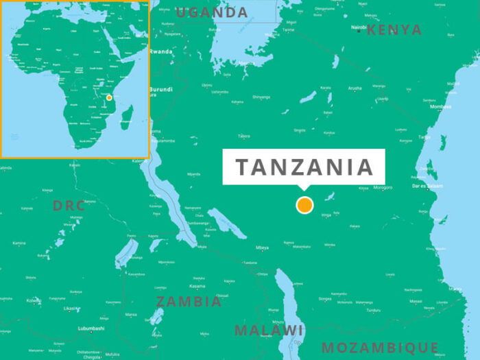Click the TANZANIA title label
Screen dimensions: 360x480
[304, 167]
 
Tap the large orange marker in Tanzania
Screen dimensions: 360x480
[304, 205]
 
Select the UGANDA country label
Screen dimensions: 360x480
[212, 12]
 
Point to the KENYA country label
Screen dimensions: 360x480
[394, 29]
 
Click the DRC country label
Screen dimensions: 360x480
[69, 205]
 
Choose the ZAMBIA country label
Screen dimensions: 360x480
[189, 301]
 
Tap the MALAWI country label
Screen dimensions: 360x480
[269, 331]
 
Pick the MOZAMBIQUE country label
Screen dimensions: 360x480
[380, 347]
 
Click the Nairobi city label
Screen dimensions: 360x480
[359, 27]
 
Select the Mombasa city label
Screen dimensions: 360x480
[440, 106]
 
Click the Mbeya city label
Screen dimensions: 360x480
[262, 248]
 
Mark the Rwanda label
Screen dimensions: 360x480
[160, 51]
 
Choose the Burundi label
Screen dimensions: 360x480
[160, 89]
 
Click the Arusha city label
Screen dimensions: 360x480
[355, 88]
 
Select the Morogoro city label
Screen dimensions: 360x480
[383, 187]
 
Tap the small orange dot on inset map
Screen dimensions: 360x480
[109, 97]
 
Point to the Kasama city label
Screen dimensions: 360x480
[197, 286]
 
